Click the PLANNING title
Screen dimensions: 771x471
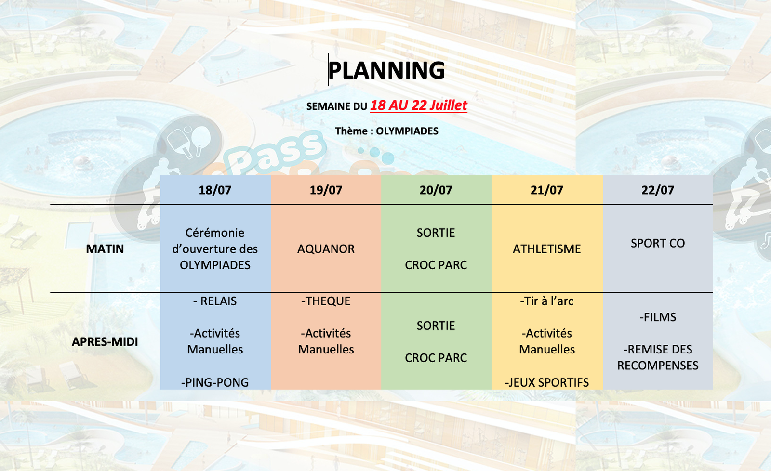(x=386, y=70)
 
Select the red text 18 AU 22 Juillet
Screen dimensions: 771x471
(x=419, y=105)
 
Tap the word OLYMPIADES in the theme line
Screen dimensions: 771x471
(x=407, y=131)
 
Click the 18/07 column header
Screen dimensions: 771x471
(x=215, y=190)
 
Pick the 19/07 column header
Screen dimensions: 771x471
(x=326, y=190)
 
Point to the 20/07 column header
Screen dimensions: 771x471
(x=436, y=190)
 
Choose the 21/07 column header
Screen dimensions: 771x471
(x=547, y=190)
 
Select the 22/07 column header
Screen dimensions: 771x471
(x=658, y=190)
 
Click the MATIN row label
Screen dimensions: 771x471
(x=105, y=249)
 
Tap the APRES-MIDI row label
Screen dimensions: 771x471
(x=105, y=341)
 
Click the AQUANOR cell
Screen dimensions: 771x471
(x=326, y=249)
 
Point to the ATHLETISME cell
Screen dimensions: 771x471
(x=547, y=249)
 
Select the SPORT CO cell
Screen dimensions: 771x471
(x=658, y=243)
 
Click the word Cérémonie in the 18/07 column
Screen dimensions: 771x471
(x=215, y=233)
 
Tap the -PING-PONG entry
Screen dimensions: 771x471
(x=215, y=382)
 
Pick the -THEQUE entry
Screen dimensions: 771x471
(x=326, y=301)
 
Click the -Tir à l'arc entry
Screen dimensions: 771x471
(x=547, y=301)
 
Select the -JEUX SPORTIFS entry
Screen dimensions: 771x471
(x=547, y=382)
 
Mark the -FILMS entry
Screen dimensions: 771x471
(x=658, y=317)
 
